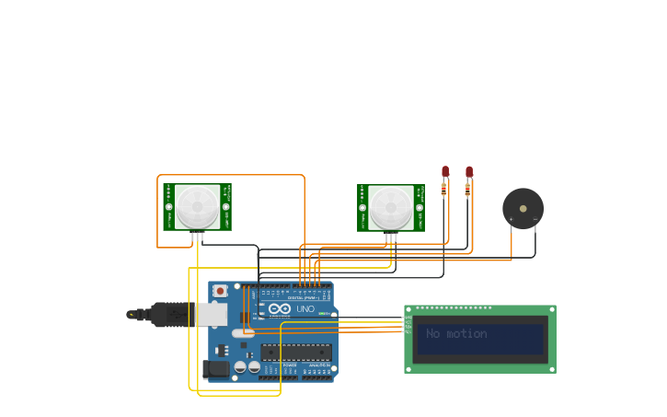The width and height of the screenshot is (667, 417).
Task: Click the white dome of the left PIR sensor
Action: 198,207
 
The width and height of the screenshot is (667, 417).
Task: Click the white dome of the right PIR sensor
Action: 391,207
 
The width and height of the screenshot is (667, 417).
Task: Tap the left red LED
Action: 445,171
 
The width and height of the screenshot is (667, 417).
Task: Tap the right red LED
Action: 469,171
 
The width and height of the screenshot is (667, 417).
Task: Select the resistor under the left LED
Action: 443,190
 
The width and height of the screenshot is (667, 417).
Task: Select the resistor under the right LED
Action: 467,190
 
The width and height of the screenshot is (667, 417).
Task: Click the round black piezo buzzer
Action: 523,208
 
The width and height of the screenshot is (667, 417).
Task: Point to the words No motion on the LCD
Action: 456,333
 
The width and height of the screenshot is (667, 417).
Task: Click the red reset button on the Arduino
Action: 220,291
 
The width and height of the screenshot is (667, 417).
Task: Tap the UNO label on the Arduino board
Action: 305,309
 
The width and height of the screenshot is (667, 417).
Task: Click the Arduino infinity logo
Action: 280,309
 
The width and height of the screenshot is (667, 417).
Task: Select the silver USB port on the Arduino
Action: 212,315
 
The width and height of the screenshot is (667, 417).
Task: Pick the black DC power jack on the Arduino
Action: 216,369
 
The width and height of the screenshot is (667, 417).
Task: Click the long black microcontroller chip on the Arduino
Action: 295,351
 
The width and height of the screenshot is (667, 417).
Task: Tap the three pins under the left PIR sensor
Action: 198,237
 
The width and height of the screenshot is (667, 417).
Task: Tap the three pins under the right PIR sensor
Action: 391,237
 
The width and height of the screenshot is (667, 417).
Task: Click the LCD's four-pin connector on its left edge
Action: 408,323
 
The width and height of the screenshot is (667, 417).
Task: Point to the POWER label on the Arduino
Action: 290,365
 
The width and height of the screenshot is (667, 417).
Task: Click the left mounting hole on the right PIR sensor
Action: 362,207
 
